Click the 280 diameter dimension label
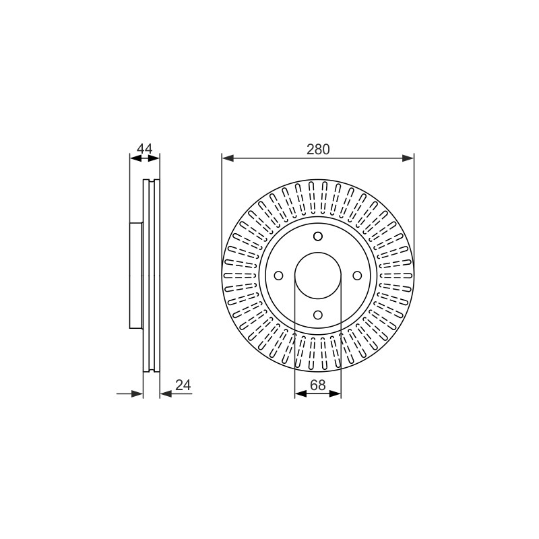point(318,149)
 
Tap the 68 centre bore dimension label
point(317,385)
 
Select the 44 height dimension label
point(144,149)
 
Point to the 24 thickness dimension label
point(183,385)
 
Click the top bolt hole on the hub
point(318,236)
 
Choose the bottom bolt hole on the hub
point(318,315)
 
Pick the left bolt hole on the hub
point(278,276)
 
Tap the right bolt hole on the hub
point(358,276)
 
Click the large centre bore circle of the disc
point(318,253)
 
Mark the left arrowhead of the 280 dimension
point(228,158)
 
